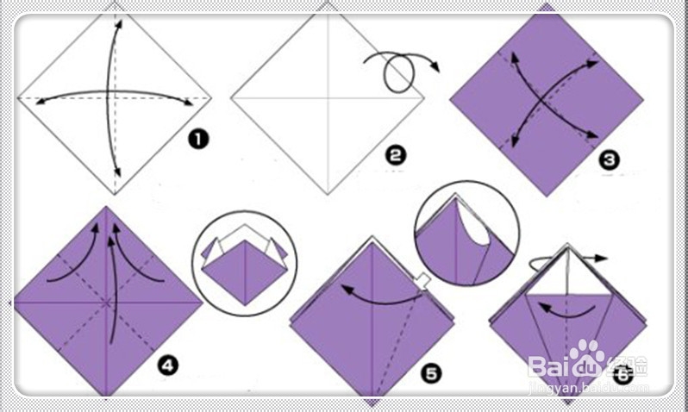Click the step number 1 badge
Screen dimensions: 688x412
pyautogui.click(x=199, y=140)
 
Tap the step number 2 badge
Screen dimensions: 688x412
pyautogui.click(x=396, y=155)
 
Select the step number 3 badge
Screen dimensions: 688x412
pyautogui.click(x=610, y=160)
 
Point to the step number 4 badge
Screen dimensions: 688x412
pyautogui.click(x=168, y=365)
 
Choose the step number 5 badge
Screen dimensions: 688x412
pyautogui.click(x=431, y=374)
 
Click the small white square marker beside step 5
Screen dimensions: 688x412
pyautogui.click(x=422, y=281)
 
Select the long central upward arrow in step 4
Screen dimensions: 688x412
pyautogui.click(x=112, y=290)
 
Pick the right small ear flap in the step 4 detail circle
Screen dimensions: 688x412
pyautogui.click(x=278, y=249)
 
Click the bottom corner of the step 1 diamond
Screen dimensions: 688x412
pyautogui.click(x=115, y=194)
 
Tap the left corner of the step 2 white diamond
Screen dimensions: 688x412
pyautogui.click(x=231, y=98)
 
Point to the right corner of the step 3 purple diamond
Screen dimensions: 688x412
pyautogui.click(x=643, y=100)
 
